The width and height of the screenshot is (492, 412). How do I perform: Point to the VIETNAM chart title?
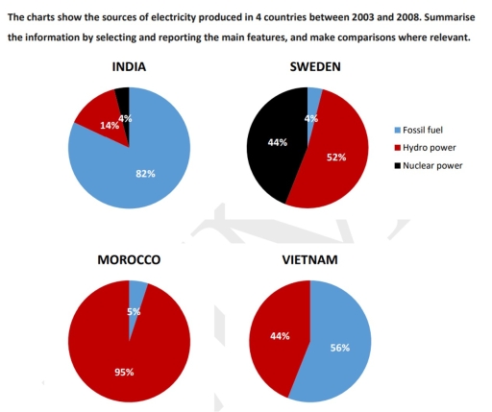[309, 260]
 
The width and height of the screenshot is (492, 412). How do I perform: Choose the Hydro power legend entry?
[428, 146]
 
